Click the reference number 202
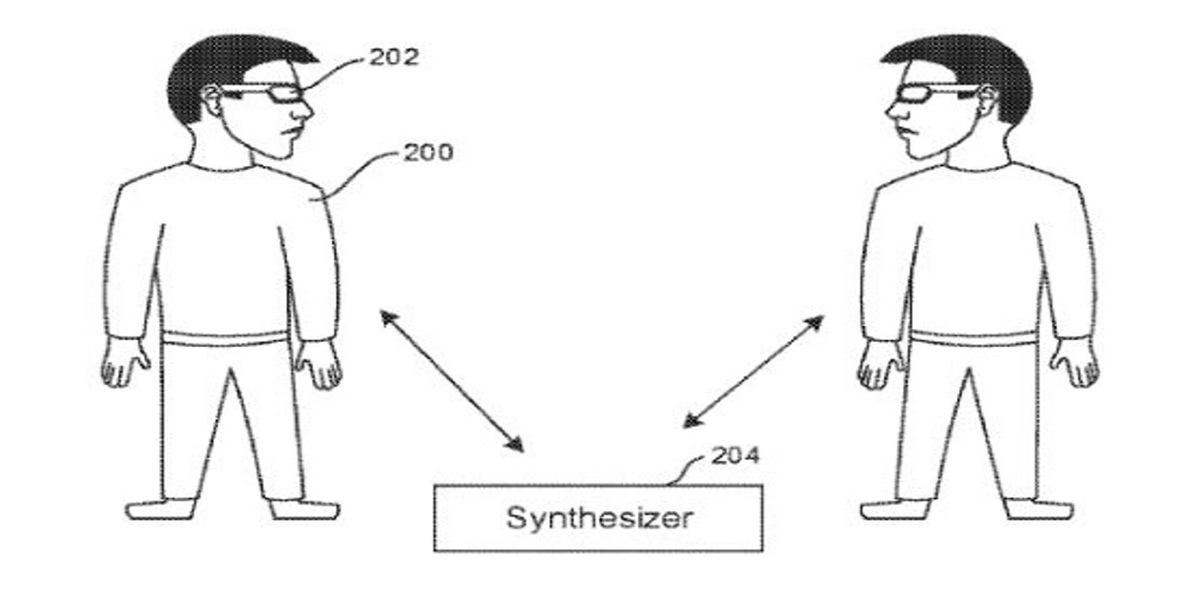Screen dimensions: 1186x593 pyautogui.click(x=394, y=57)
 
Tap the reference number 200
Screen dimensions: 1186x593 pyautogui.click(x=429, y=153)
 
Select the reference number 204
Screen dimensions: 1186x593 pyautogui.click(x=735, y=455)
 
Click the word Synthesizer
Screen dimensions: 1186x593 pyautogui.click(x=599, y=518)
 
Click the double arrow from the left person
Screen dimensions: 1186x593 pyautogui.click(x=452, y=381)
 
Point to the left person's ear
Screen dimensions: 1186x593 pyautogui.click(x=212, y=100)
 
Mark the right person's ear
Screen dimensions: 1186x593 pyautogui.click(x=988, y=100)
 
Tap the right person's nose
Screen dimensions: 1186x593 pyautogui.click(x=893, y=111)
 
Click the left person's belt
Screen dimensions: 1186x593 pyautogui.click(x=225, y=338)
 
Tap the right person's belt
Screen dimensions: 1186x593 pyautogui.click(x=974, y=339)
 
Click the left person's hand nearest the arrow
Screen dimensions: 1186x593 pyautogui.click(x=318, y=364)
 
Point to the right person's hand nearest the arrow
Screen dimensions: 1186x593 pyautogui.click(x=880, y=365)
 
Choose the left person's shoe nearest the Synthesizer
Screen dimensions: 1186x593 pyautogui.click(x=304, y=509)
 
